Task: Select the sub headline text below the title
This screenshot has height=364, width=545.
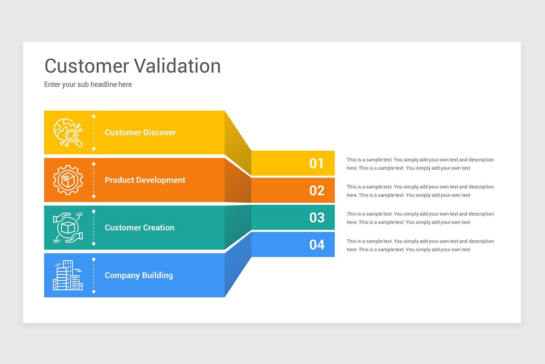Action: pyautogui.click(x=88, y=84)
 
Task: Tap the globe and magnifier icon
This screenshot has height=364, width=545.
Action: pyautogui.click(x=68, y=132)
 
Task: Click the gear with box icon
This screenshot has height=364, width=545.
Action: pyautogui.click(x=68, y=180)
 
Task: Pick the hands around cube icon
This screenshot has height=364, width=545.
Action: pyautogui.click(x=68, y=227)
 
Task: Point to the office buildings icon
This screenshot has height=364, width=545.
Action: pyautogui.click(x=68, y=275)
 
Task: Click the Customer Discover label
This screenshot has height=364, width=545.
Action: pyautogui.click(x=140, y=132)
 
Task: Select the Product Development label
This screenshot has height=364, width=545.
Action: pyautogui.click(x=145, y=180)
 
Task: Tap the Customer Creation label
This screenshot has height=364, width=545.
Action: pyautogui.click(x=139, y=227)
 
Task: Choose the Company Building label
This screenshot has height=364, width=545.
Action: pyautogui.click(x=139, y=275)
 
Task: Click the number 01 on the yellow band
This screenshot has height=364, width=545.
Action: pyautogui.click(x=317, y=163)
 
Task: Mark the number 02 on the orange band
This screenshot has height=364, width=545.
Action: pyautogui.click(x=317, y=190)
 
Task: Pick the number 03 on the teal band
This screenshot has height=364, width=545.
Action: pyautogui.click(x=317, y=217)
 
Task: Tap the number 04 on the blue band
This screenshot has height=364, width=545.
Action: pyautogui.click(x=317, y=245)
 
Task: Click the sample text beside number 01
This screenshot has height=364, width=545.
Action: pyautogui.click(x=420, y=164)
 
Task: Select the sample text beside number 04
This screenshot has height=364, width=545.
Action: pyautogui.click(x=420, y=245)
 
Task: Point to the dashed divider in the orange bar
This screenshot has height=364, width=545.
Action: pyautogui.click(x=94, y=180)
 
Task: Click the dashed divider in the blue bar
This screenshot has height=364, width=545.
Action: pyautogui.click(x=94, y=275)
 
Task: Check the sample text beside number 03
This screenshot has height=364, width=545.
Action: pyautogui.click(x=420, y=218)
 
